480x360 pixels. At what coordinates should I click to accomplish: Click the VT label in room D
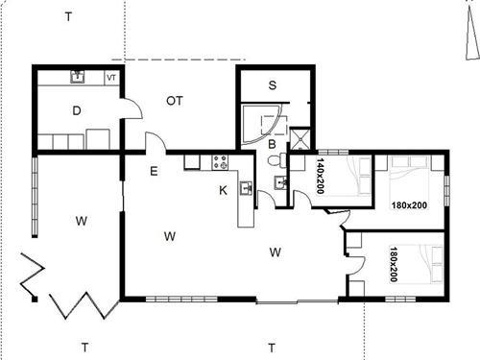111,78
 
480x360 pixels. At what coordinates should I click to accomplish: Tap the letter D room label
76,110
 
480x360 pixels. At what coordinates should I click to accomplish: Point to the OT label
175,100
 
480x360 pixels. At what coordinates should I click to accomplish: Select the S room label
273,85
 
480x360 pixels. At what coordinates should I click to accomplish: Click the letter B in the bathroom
273,145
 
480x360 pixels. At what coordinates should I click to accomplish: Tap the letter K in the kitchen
223,190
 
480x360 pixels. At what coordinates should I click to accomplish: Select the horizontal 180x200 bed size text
409,204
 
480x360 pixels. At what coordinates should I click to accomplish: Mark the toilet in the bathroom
279,183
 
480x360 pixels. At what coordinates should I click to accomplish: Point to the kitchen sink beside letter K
246,189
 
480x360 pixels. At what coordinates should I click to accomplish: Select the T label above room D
67,16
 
